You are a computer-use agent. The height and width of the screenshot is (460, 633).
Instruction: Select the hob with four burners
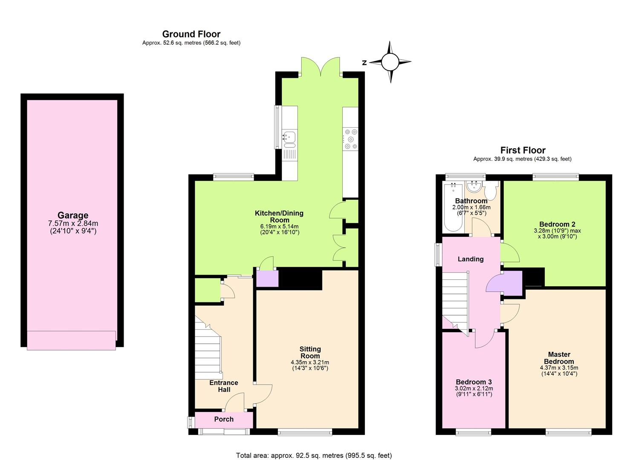[x=351, y=139]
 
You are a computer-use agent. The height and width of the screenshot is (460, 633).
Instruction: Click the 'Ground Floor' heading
[x=191, y=34]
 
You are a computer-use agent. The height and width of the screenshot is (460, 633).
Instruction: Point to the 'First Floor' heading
[x=523, y=150]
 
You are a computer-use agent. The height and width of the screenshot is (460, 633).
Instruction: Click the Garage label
[x=73, y=216]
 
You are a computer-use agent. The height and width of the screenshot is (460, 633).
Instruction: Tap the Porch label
[x=224, y=419]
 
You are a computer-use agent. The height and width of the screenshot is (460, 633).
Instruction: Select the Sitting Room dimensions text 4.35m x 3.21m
[x=310, y=362]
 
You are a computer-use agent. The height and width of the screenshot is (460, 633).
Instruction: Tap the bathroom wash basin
[x=474, y=187]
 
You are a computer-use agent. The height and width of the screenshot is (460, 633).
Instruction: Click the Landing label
[x=471, y=259]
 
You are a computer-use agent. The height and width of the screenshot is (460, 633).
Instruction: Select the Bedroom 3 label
[x=474, y=382]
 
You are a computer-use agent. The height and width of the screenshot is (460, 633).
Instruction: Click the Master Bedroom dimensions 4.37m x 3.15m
[x=559, y=368]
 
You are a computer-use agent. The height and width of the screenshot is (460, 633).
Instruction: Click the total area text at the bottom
[x=314, y=455]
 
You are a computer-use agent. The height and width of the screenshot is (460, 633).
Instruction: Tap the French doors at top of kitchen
[x=321, y=67]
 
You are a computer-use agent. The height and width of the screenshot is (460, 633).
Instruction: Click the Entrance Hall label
[x=224, y=386]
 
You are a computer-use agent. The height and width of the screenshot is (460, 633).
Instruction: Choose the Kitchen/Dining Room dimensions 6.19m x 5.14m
[x=279, y=226]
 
